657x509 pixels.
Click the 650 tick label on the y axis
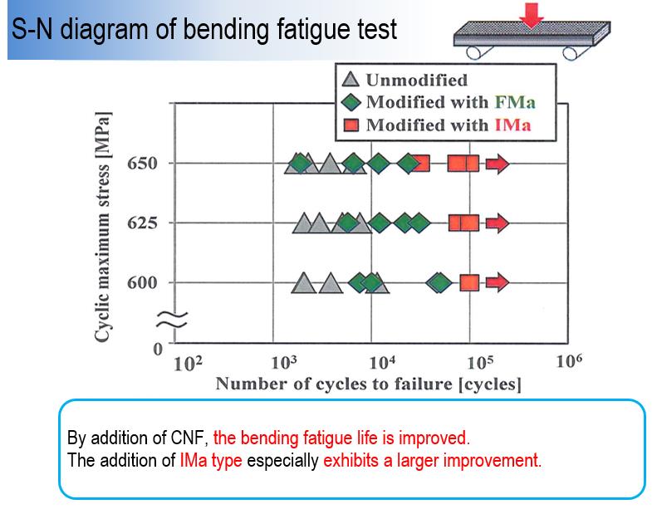pos(142,164)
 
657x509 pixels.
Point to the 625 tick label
pos(142,223)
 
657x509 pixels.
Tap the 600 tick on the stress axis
pos(142,283)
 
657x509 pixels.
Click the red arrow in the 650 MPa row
pos(497,164)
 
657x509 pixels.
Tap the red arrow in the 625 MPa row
pos(497,223)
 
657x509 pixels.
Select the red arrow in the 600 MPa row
pos(497,282)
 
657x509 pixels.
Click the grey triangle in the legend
pos(351,81)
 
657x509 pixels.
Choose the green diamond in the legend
pos(351,103)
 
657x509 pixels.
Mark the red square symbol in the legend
pos(351,126)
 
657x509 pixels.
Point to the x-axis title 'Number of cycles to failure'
pos(368,384)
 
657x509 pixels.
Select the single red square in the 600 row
pos(469,282)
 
